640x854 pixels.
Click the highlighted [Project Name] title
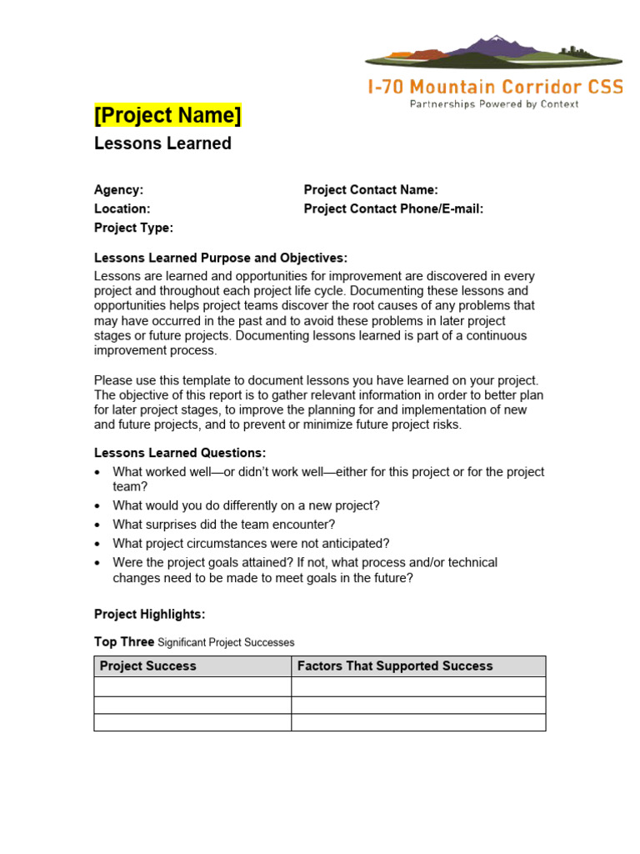167,115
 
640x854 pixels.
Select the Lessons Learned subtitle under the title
162,143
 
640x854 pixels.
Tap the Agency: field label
118,190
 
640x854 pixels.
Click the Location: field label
122,209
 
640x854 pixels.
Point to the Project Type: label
133,228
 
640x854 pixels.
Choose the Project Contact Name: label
371,190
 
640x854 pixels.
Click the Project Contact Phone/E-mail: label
393,209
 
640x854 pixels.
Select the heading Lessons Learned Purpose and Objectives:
221,258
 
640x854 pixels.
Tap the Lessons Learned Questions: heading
180,453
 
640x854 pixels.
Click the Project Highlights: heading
149,615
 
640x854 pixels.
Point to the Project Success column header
148,666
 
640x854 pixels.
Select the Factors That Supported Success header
395,666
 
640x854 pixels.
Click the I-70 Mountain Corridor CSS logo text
495,87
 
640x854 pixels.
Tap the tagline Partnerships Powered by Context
493,104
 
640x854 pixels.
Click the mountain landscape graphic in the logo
493,52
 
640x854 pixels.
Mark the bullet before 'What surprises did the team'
99,525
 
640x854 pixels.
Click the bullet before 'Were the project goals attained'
99,563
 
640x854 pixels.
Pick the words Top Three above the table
123,642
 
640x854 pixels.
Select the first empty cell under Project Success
192,686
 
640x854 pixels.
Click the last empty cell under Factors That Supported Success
418,722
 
